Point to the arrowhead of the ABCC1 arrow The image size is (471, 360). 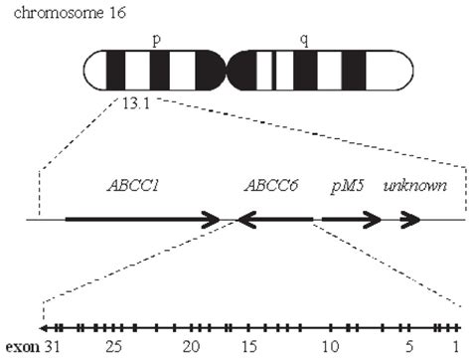pyautogui.click(x=212, y=219)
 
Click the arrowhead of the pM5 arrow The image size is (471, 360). pyautogui.click(x=372, y=219)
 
